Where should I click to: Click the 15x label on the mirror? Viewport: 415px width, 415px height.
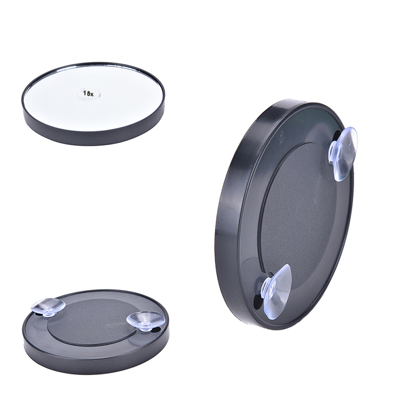tap(88, 93)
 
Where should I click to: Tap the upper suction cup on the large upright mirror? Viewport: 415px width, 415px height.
tap(343, 154)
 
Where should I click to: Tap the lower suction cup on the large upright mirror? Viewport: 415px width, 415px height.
tap(276, 291)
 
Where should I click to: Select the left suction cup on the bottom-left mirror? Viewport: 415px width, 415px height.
tap(48, 307)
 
